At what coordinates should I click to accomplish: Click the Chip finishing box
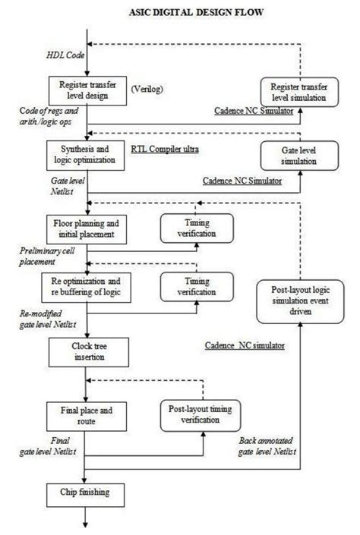click(86, 493)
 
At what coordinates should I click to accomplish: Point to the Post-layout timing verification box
click(201, 416)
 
